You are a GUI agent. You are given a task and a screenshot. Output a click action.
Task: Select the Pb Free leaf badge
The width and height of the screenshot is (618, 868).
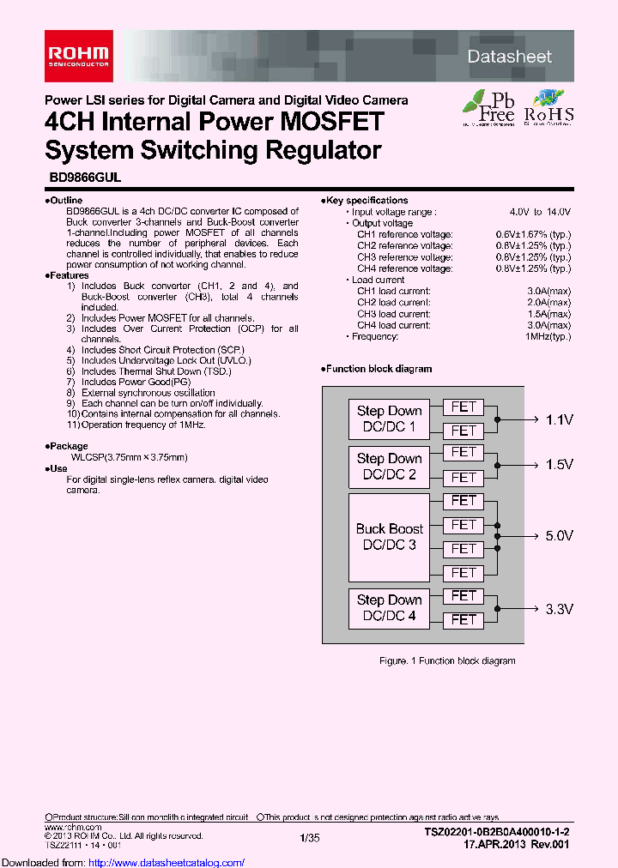click(x=488, y=107)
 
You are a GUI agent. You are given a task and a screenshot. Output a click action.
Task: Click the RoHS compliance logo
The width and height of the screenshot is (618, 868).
click(x=548, y=108)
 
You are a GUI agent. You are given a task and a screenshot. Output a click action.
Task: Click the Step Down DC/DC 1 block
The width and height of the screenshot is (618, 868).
click(x=389, y=419)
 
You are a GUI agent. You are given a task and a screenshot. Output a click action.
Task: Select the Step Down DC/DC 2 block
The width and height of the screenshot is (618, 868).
click(x=389, y=466)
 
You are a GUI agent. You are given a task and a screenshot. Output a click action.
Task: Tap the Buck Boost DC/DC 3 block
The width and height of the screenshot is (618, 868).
click(x=389, y=537)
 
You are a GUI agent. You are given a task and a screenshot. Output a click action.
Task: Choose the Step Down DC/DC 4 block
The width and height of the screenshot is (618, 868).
click(x=389, y=607)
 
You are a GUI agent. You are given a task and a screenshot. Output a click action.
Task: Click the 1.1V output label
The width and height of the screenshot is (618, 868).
click(x=559, y=419)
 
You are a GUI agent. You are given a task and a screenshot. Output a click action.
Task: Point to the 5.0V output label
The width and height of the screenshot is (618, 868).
click(x=559, y=536)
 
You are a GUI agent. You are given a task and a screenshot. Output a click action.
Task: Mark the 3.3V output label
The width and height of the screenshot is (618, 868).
click(x=559, y=609)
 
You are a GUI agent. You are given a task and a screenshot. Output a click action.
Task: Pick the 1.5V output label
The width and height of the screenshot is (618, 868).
click(x=559, y=465)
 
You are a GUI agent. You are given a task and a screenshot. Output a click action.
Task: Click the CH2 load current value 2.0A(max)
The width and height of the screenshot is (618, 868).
click(x=548, y=303)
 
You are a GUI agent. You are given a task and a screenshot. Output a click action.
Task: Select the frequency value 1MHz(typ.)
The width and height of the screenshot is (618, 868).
click(x=548, y=336)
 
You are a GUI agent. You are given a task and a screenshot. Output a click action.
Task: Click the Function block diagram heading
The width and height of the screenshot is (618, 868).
click(x=378, y=369)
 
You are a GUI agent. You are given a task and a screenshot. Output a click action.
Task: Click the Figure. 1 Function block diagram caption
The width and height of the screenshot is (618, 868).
click(x=447, y=661)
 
